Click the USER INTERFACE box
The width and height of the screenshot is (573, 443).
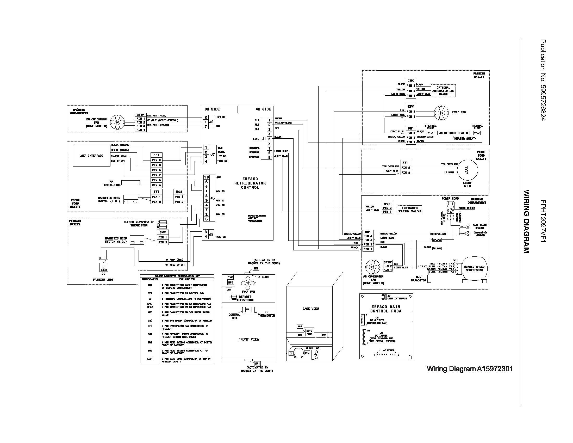coord(91,156)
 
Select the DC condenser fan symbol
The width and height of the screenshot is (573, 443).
coord(117,122)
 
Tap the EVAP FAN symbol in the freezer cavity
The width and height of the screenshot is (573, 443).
coord(441,113)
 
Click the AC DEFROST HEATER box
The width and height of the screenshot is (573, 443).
coord(453,133)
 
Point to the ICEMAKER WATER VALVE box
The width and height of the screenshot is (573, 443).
coord(410,210)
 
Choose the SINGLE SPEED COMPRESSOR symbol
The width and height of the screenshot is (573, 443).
coord(474,268)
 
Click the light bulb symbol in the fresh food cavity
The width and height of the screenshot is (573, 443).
coord(467,170)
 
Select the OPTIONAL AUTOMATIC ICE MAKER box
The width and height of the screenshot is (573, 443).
coord(443,91)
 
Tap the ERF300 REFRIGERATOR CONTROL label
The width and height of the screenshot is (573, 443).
coord(250,183)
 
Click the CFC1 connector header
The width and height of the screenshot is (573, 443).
coord(141,115)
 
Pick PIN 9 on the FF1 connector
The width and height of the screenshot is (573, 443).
coord(156,160)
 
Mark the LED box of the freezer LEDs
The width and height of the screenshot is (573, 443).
coord(104,268)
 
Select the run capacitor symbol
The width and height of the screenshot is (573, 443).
coord(429,279)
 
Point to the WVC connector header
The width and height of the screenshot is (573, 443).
coord(387,204)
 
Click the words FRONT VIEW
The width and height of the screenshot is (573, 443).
coord(249,339)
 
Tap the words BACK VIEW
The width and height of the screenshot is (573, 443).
coord(310,309)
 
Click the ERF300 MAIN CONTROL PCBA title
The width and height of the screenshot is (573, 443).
coord(386,309)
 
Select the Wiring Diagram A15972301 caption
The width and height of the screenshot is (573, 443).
coord(469,369)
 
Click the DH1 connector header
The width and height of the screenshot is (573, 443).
coord(410,128)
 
